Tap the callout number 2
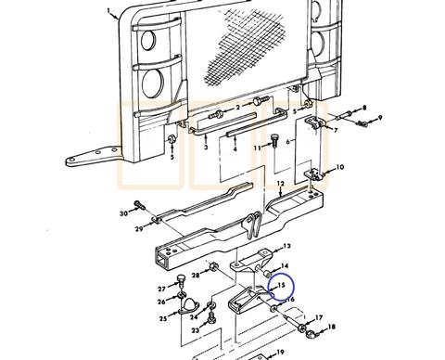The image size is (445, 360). [x=238, y=108]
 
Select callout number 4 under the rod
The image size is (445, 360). [x=235, y=148]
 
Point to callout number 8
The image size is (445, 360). [x=363, y=108]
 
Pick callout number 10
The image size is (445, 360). [x=340, y=167]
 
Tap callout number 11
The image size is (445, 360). [x=258, y=147]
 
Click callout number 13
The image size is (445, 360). [x=287, y=246]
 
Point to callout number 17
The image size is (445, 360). [x=319, y=317]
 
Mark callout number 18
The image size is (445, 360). [x=333, y=327]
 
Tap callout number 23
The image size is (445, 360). [x=195, y=331]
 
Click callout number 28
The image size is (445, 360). [x=196, y=276]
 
